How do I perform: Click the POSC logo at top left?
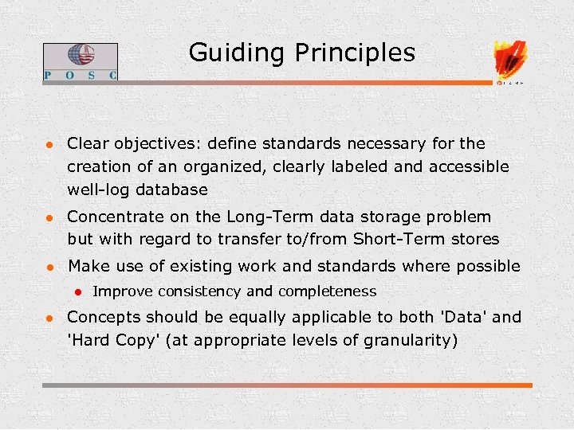80,61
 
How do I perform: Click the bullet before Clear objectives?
48,145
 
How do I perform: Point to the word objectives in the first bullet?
157,144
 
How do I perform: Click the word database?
171,190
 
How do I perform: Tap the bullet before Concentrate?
48,217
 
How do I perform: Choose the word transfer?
233,239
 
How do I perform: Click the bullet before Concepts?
48,318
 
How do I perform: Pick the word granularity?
411,340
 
